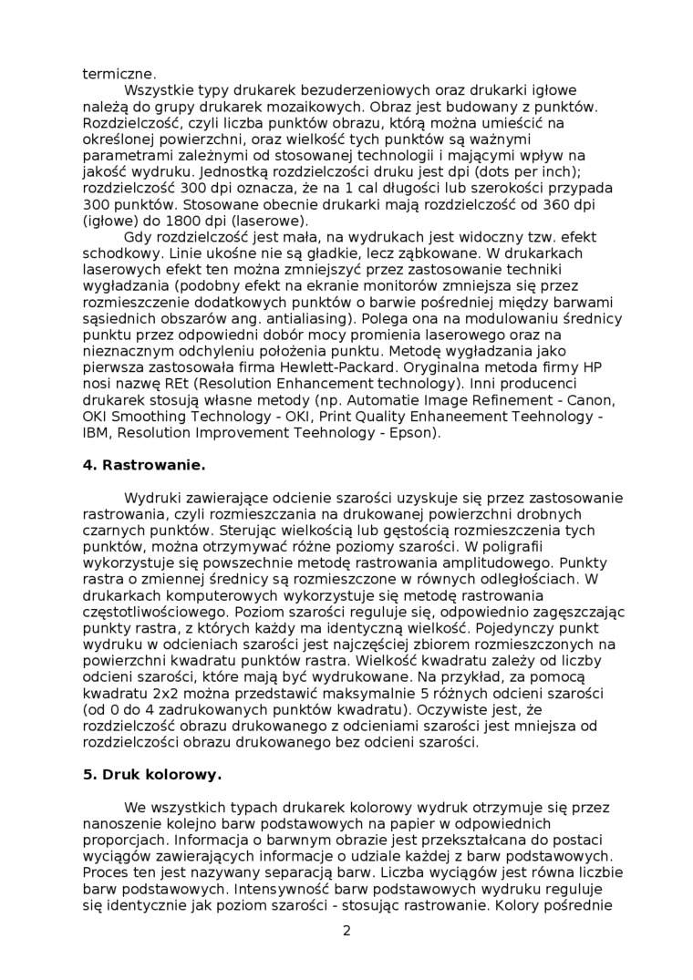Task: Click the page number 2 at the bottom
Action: pos(346,931)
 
